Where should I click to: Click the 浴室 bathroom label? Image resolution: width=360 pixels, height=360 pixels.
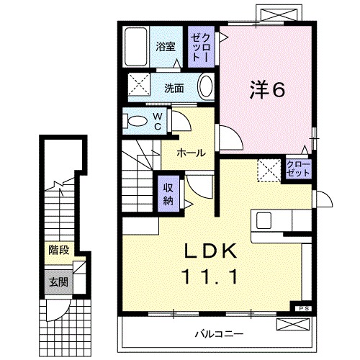[166, 48]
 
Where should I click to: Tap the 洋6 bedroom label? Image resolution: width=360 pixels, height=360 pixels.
[267, 89]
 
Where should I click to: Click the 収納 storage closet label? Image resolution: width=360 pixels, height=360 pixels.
[168, 193]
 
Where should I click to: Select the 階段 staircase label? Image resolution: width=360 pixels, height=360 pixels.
[59, 251]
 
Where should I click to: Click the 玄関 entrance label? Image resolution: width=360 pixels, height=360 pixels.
[59, 282]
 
